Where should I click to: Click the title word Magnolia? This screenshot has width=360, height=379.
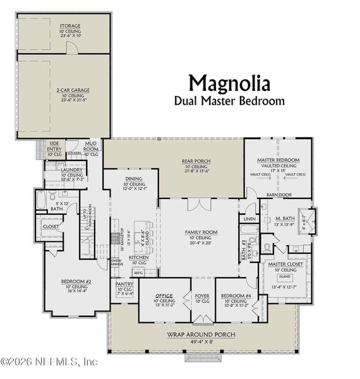(229, 83)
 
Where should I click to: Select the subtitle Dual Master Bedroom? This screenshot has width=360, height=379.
(229, 100)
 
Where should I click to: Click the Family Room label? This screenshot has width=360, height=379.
(200, 232)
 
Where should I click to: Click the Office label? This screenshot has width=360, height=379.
(164, 295)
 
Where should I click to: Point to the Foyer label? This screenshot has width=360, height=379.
(201, 295)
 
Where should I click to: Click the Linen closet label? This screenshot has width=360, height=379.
(248, 219)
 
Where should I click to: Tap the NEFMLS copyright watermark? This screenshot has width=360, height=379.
(49, 362)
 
